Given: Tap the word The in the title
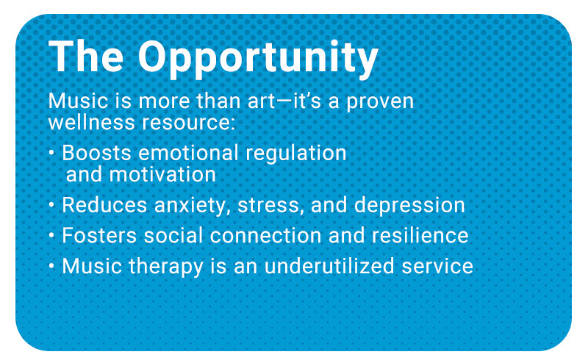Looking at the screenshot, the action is (86, 56).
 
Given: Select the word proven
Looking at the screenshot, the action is (380, 102).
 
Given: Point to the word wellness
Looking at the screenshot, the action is (91, 122).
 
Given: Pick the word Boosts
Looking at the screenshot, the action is (96, 153).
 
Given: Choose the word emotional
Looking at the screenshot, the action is (188, 153).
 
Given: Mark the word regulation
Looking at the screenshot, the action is (296, 154).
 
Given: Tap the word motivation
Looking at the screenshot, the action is (162, 174).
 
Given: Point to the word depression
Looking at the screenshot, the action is (409, 206).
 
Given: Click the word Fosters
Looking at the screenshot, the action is (99, 236).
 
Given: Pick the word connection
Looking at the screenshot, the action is (265, 236).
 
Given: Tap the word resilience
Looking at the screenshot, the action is (420, 236).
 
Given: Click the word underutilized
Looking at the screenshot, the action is (329, 266).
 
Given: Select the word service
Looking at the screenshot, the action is (437, 266).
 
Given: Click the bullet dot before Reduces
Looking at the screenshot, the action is (51, 205).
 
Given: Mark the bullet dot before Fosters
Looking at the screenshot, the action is (51, 236).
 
